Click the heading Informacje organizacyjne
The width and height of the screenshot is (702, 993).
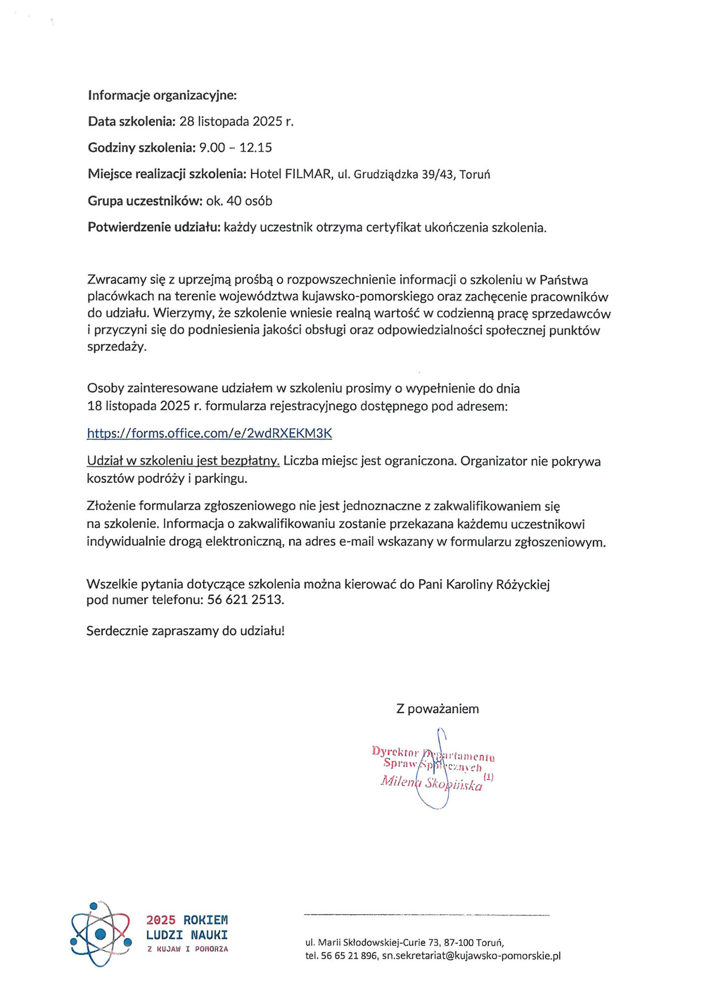click(x=162, y=95)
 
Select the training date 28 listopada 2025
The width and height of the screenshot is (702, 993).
click(x=236, y=122)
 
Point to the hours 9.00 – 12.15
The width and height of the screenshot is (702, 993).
click(x=235, y=148)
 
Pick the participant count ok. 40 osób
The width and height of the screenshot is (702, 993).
click(x=239, y=201)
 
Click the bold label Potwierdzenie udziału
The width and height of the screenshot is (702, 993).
click(x=154, y=228)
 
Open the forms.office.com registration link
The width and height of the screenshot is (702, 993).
click(x=209, y=433)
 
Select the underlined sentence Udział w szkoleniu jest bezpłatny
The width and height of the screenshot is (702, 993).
click(x=183, y=461)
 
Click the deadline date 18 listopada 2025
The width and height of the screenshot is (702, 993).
click(x=144, y=406)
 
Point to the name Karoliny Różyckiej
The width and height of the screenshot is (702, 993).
click(x=497, y=584)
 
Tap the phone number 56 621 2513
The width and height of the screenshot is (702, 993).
click(x=245, y=600)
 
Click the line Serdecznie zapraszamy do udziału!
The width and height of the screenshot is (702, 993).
click(x=185, y=631)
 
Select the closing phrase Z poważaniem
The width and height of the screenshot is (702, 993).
click(x=437, y=709)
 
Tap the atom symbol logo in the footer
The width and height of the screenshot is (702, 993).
click(x=100, y=934)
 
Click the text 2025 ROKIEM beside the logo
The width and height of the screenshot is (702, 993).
click(x=187, y=920)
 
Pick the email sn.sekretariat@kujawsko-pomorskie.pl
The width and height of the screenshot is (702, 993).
click(x=471, y=956)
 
